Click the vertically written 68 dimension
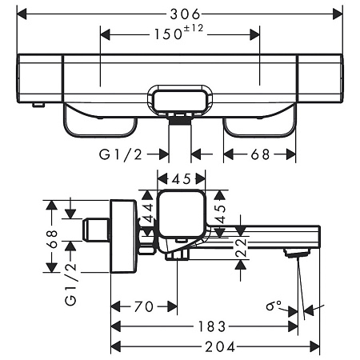[52, 238]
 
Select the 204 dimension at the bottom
[215, 346]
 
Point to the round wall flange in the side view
[124, 237]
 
